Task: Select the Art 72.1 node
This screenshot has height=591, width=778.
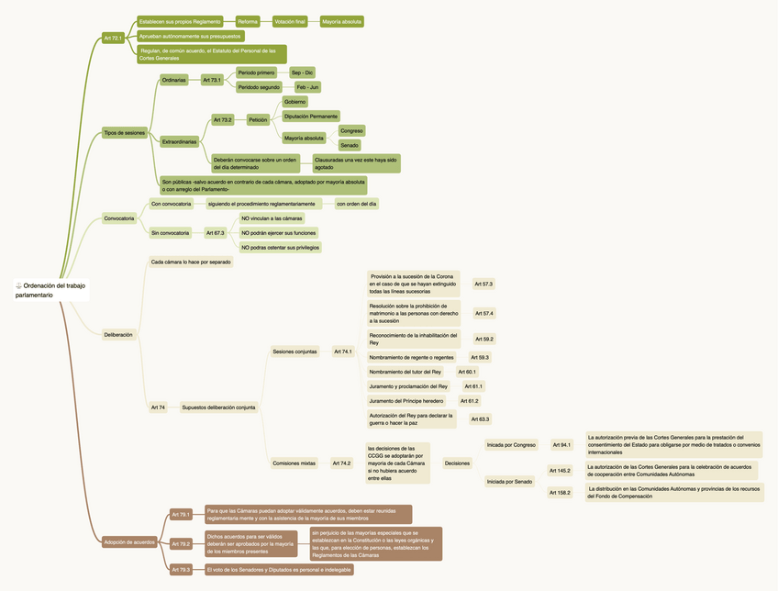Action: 113,38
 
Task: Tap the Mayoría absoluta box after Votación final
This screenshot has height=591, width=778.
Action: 341,21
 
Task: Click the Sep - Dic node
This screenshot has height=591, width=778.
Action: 302,72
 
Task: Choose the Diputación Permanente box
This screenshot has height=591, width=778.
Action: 311,116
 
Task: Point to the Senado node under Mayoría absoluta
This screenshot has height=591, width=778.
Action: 350,145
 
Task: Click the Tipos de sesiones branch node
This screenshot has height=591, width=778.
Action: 124,132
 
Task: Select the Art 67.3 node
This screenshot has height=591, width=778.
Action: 215,233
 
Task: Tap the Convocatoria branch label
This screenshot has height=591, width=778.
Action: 119,218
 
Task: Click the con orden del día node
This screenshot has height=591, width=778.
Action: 357,203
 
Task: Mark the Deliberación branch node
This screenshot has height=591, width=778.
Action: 118,335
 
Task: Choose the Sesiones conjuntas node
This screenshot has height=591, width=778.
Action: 295,351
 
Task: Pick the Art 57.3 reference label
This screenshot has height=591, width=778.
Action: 483,284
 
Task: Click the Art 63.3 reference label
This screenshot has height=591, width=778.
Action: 480,419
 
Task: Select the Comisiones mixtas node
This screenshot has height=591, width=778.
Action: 294,463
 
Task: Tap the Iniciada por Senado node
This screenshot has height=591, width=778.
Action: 509,481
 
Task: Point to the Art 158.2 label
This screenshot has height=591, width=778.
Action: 559,493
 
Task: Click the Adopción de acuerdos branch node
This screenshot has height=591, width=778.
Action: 129,541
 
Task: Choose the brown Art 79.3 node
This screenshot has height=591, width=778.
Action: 181,570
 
